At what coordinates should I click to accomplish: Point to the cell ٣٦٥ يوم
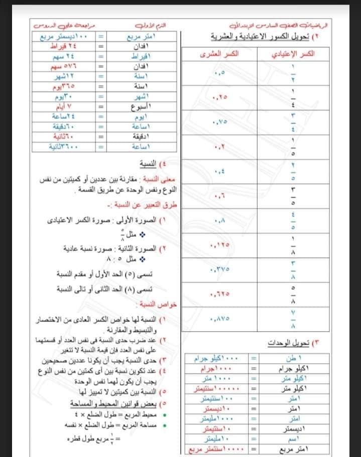[x=59, y=87]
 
